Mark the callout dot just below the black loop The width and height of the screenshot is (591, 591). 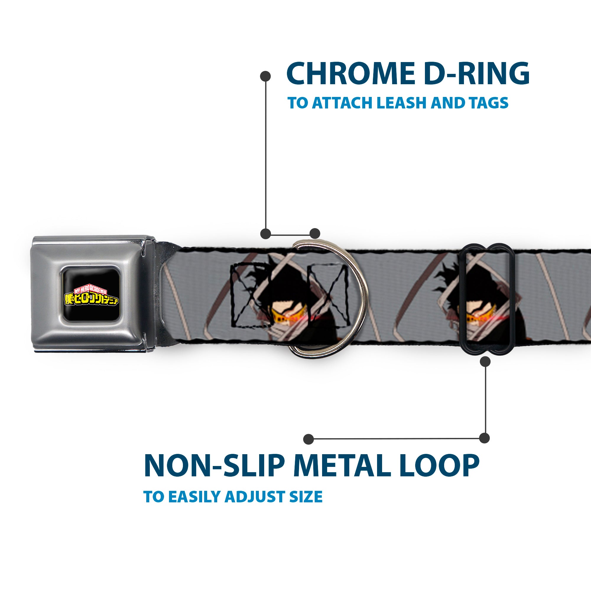point(485,362)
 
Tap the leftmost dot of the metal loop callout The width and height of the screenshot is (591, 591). point(309,439)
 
